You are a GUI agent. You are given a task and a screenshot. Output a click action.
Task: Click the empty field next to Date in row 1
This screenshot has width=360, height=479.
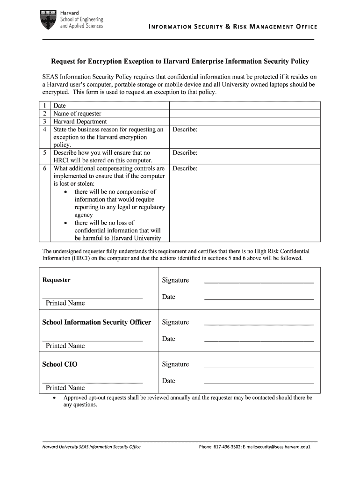(x=244, y=106)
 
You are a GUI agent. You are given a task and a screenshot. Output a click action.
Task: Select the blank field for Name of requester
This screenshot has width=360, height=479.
(x=244, y=114)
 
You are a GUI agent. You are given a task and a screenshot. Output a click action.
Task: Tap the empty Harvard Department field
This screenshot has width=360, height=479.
(x=244, y=122)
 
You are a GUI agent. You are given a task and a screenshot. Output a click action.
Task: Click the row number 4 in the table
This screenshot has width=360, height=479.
(x=44, y=130)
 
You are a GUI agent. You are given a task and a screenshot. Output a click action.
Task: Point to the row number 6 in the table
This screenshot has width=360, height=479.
(x=44, y=168)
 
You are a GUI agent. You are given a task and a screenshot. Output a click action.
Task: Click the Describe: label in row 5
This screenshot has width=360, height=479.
(x=185, y=153)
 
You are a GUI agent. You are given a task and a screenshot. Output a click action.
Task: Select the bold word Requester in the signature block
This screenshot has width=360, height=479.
(x=57, y=280)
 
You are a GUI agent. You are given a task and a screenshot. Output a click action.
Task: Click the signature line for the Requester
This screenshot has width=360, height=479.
(x=259, y=283)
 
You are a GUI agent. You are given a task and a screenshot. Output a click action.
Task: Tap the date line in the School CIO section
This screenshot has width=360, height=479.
(x=259, y=383)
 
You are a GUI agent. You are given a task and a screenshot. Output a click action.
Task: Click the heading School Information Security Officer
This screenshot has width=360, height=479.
(x=97, y=322)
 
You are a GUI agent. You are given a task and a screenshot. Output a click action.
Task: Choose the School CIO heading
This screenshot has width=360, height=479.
(x=60, y=364)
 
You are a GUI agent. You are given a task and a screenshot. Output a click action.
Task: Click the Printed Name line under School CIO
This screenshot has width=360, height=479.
(x=92, y=383)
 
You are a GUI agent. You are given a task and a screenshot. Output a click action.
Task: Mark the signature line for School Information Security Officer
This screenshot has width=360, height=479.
(x=259, y=324)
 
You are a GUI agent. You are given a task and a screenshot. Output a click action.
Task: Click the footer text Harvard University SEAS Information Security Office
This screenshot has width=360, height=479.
(x=92, y=447)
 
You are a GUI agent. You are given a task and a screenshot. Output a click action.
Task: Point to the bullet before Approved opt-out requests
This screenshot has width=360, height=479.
(x=55, y=398)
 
